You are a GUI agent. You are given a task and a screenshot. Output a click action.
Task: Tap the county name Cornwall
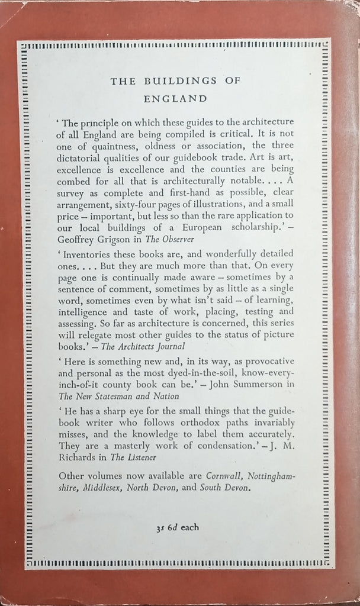(x=227, y=477)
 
